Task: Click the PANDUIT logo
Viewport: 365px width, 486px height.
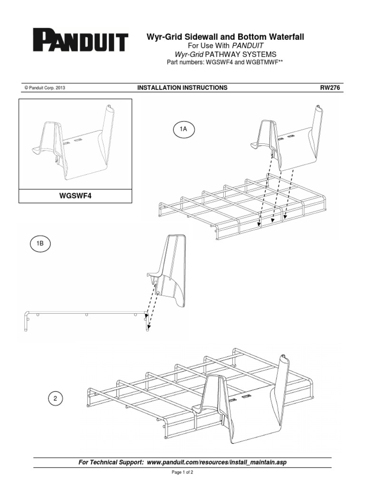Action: click(x=80, y=41)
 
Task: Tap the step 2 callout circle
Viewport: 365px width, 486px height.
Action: click(x=55, y=398)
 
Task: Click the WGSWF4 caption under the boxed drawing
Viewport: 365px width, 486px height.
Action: click(x=75, y=195)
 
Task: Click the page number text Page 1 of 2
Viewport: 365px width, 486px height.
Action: click(x=182, y=473)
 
